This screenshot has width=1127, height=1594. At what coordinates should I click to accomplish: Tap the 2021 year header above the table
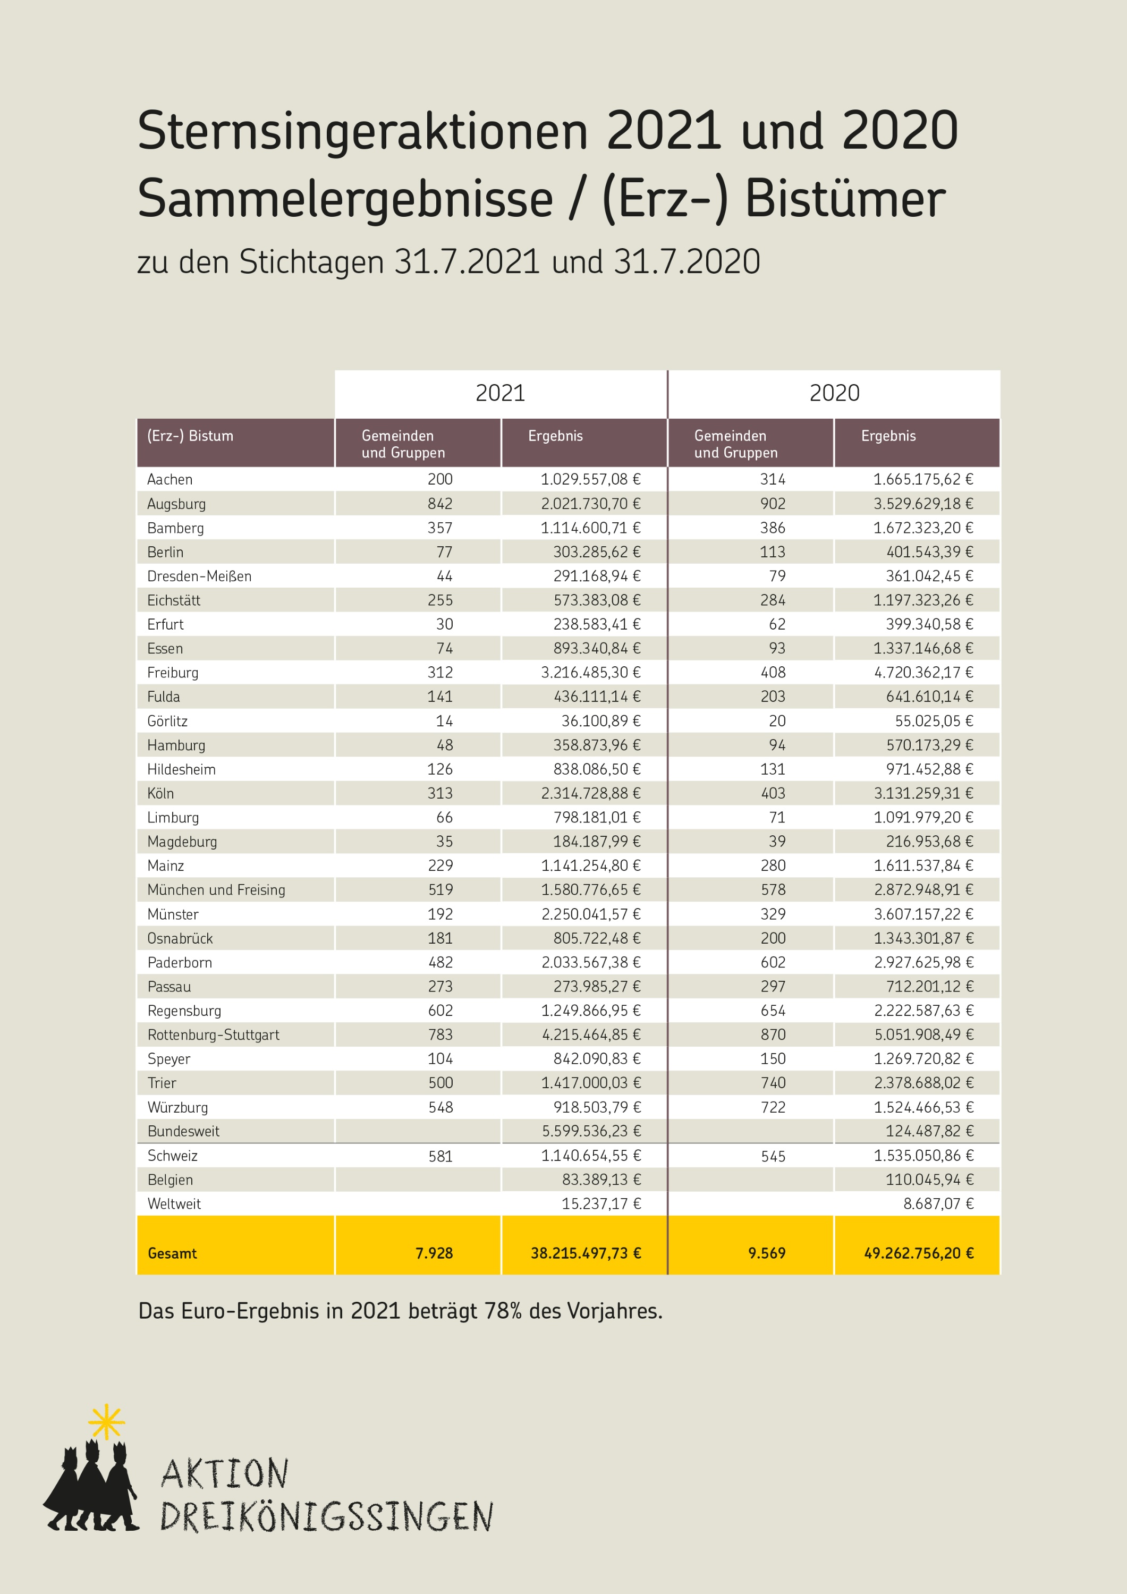coord(500,393)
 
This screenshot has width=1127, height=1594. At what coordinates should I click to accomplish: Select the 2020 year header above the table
coord(834,393)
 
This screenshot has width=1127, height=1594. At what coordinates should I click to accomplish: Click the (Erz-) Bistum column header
coord(190,436)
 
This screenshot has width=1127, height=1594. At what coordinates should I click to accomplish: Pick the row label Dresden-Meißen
coord(199,576)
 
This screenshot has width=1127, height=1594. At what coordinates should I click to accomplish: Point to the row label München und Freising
coord(216,890)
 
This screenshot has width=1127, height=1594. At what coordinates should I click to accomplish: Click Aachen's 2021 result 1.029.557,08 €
coord(590,479)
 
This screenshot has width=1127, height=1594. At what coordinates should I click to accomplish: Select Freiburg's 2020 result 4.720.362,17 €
coord(923,673)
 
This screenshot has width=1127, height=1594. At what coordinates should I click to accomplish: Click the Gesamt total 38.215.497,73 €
coord(586,1253)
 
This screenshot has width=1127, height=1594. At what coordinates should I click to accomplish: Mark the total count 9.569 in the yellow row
coord(767,1253)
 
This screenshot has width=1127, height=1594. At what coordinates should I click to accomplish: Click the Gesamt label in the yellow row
coord(172,1253)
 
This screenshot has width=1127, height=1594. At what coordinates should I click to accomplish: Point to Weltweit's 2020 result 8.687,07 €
coord(938,1204)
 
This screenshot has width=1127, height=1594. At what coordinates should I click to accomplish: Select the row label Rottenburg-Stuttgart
coord(213,1035)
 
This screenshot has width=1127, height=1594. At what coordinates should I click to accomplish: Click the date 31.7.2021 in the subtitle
coord(468,262)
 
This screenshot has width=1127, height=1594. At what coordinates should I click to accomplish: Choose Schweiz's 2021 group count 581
coord(440,1157)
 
